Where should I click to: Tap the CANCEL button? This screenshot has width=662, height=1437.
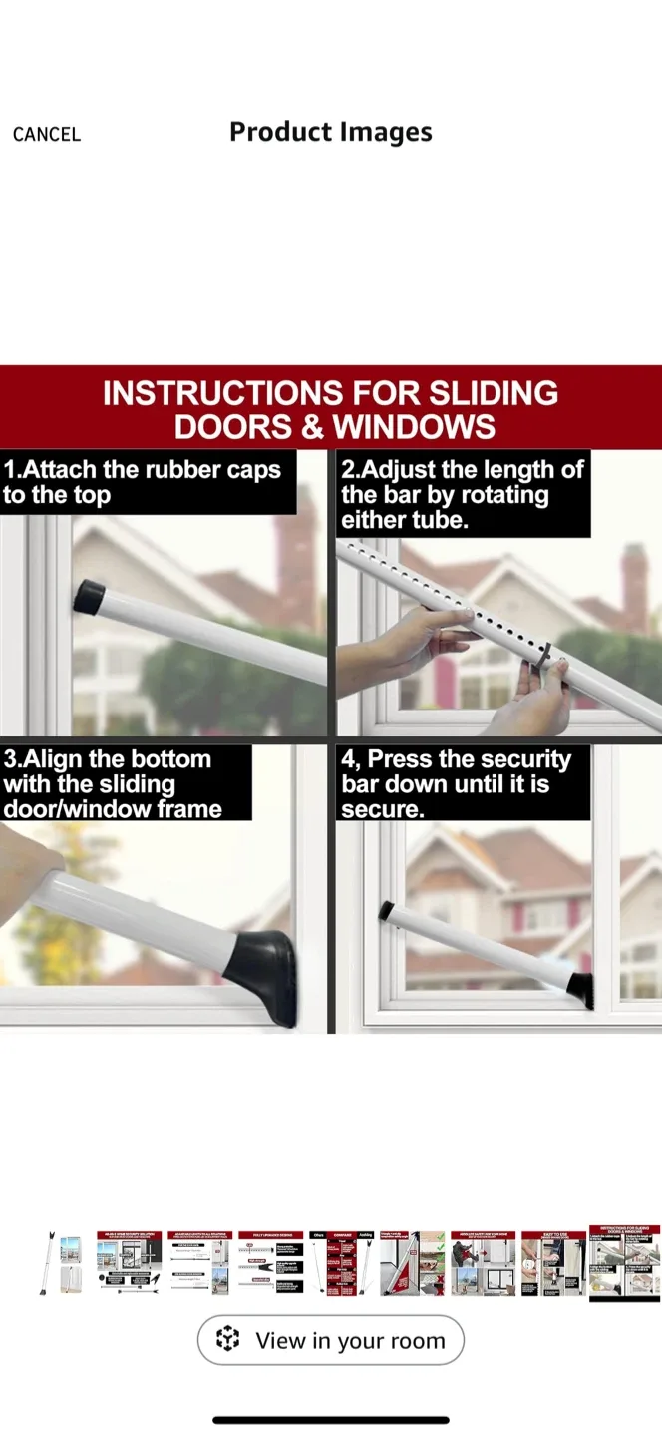pos(46,134)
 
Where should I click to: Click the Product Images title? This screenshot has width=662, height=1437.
pos(331,133)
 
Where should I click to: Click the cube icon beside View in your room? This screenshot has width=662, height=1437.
pos(228,1339)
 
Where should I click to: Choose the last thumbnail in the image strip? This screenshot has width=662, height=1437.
pos(624,1263)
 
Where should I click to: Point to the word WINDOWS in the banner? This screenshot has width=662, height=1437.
pos(414,427)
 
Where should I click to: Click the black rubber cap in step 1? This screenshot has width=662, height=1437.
pos(89,596)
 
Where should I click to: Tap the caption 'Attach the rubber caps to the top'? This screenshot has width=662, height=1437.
pos(143,482)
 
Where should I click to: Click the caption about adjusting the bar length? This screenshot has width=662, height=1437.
pos(463,494)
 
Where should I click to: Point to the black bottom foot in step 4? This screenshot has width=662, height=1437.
pos(579,989)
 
